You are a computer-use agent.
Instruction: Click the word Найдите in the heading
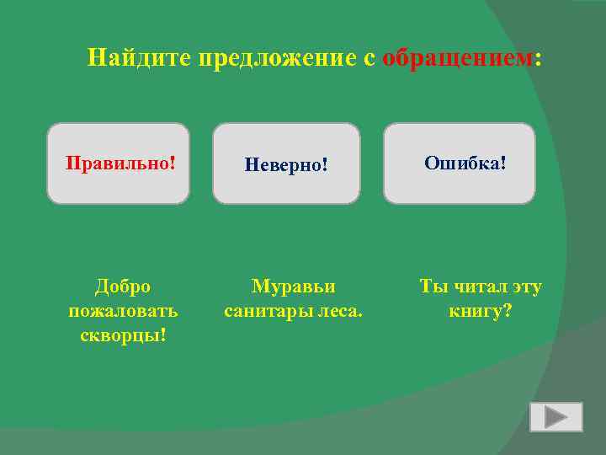pyautogui.click(x=140, y=58)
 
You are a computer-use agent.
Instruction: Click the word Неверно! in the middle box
pyautogui.click(x=285, y=164)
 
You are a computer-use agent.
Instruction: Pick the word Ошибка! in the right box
pyautogui.click(x=465, y=161)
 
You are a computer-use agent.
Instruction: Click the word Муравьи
pyautogui.click(x=293, y=286)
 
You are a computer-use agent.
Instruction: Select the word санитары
pyautogui.click(x=268, y=311)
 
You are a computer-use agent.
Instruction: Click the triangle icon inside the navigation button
pyautogui.click(x=555, y=417)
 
